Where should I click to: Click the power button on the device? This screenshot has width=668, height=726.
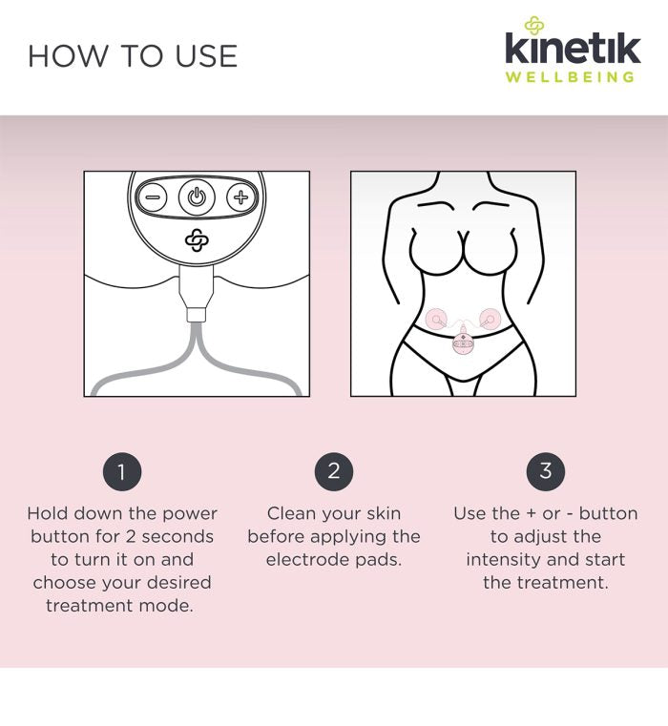197,197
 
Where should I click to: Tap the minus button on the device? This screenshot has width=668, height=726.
153,197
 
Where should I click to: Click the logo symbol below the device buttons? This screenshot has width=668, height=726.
197,239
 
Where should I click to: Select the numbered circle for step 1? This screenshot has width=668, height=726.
122,471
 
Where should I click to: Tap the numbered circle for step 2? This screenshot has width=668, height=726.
334,471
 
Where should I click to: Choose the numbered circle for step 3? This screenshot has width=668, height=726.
545,471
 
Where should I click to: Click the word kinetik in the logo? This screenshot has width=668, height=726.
573,48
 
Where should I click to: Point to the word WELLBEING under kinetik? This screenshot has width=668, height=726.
570,77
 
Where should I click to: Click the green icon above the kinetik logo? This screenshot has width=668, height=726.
534,25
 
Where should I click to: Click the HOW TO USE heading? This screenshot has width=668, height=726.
133,56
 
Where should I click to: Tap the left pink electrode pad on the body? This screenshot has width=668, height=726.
436,319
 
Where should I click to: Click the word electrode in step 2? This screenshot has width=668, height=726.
306,560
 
